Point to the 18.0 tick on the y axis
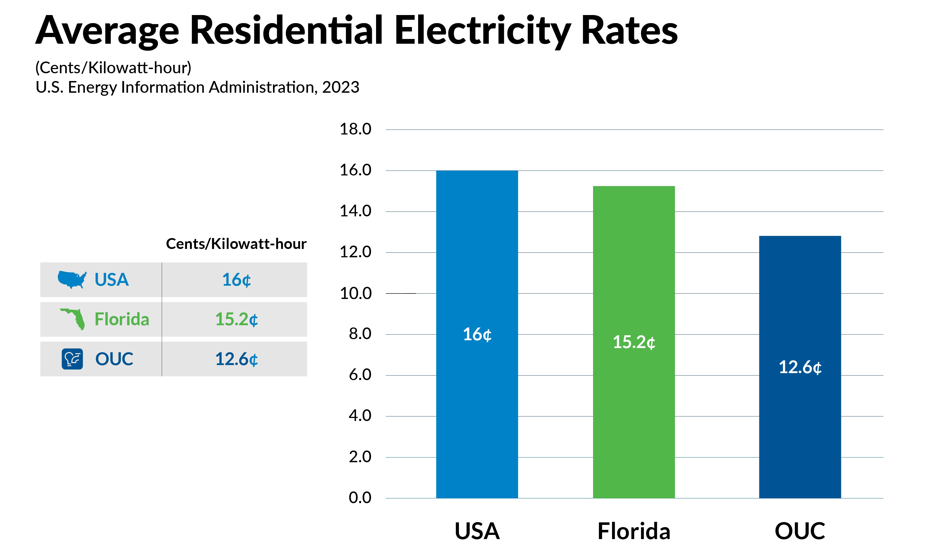[355, 129]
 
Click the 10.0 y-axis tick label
[355, 294]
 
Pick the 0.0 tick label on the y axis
[360, 498]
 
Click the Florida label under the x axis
[634, 531]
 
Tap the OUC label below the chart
[800, 531]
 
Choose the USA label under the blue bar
[477, 531]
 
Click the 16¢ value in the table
[236, 280]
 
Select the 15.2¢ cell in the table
[236, 319]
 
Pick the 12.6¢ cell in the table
[236, 359]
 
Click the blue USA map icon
[72, 280]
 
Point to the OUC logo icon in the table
[72, 359]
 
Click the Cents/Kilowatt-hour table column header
[236, 244]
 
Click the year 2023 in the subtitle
[340, 87]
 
